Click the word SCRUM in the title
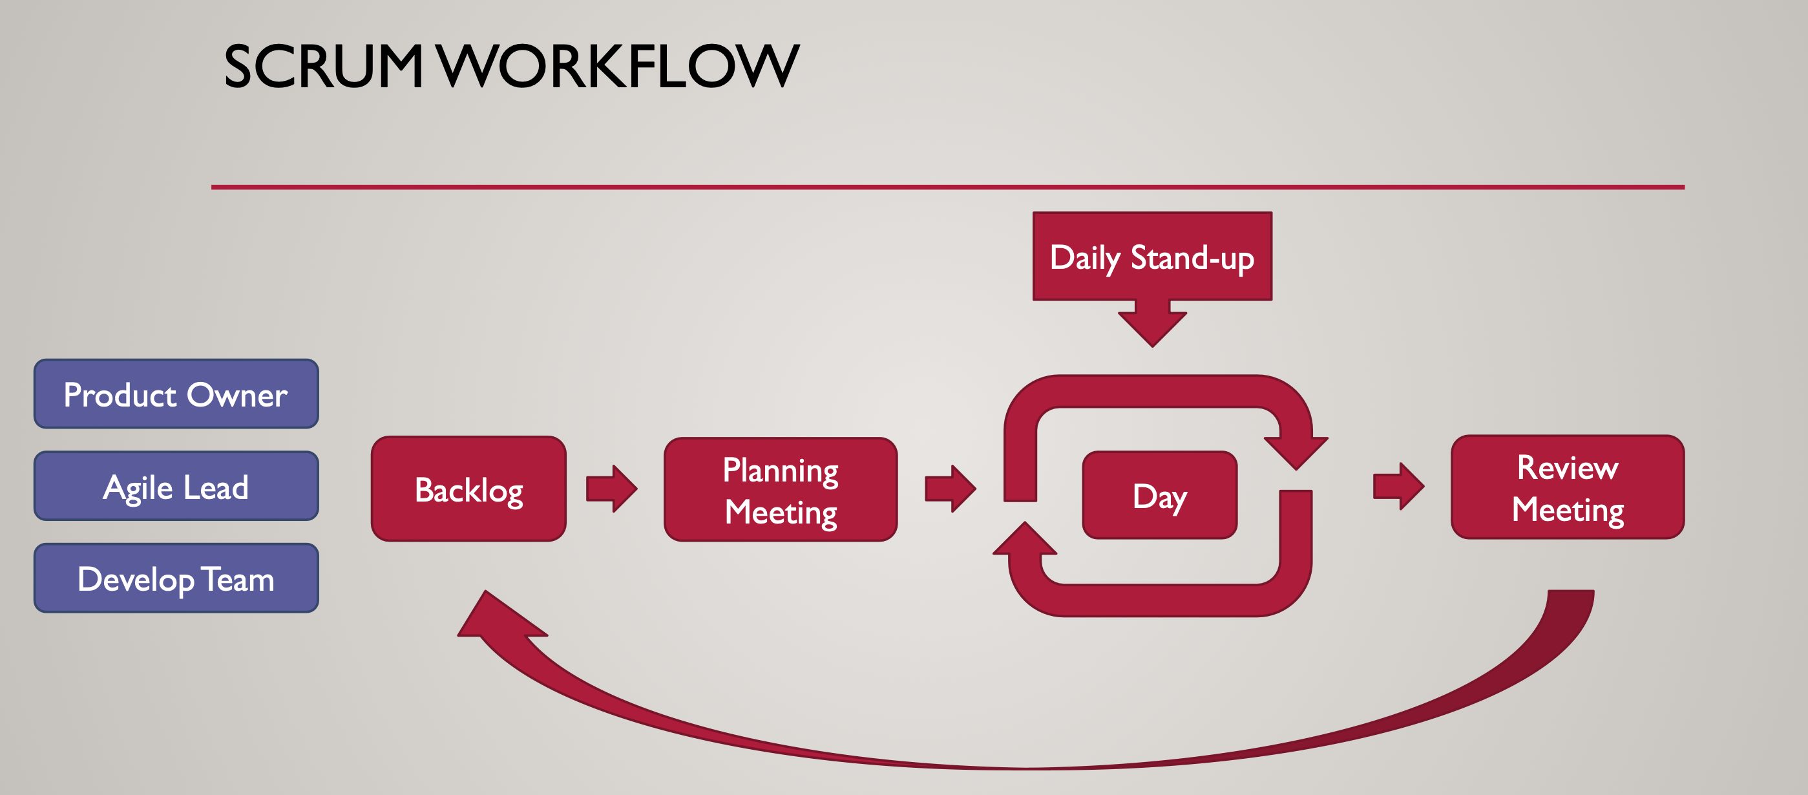[x=324, y=66]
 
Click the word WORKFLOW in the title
[x=618, y=66]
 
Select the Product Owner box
[x=176, y=394]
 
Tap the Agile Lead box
[x=176, y=486]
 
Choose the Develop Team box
[x=176, y=578]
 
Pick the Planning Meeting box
[x=781, y=489]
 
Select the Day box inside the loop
[x=1159, y=495]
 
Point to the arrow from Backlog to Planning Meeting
[x=612, y=488]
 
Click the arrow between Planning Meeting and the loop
[x=951, y=488]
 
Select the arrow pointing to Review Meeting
[x=1399, y=486]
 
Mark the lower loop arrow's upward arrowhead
[x=1025, y=538]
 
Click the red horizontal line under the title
[x=947, y=187]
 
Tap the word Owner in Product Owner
[x=237, y=396]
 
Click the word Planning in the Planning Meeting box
[x=781, y=471]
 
